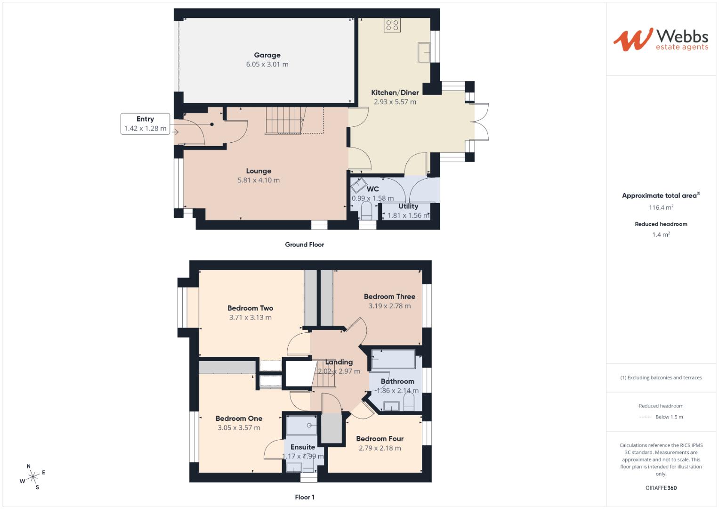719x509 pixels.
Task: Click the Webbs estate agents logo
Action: pyautogui.click(x=660, y=39)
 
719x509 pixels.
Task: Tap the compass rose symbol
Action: pyautogui.click(x=32, y=477)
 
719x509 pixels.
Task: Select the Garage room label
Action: pyautogui.click(x=267, y=55)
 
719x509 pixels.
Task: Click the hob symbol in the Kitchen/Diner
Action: pyautogui.click(x=392, y=25)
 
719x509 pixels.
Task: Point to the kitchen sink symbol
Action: pyautogui.click(x=424, y=51)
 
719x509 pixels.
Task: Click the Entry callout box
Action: pyautogui.click(x=145, y=123)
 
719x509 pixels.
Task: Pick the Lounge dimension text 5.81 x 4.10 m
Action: pyautogui.click(x=259, y=180)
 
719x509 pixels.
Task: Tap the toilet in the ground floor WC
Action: pyautogui.click(x=366, y=211)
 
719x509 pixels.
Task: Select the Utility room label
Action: pyautogui.click(x=408, y=206)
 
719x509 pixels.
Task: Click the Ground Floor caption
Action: pyautogui.click(x=304, y=245)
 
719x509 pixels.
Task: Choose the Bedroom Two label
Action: pyautogui.click(x=250, y=308)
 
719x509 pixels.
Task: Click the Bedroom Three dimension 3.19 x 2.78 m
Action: pyautogui.click(x=389, y=306)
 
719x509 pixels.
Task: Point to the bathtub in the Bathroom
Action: pyautogui.click(x=394, y=359)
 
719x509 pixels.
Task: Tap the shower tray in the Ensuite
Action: pyautogui.click(x=302, y=425)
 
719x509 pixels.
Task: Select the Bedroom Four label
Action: pyautogui.click(x=380, y=438)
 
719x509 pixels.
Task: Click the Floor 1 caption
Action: pyautogui.click(x=304, y=497)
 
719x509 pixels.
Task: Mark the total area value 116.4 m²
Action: pyautogui.click(x=661, y=207)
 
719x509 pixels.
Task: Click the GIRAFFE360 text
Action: pyautogui.click(x=661, y=488)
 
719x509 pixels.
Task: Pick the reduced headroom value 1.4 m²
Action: pyautogui.click(x=661, y=234)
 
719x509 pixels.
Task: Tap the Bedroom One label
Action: pyautogui.click(x=239, y=419)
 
